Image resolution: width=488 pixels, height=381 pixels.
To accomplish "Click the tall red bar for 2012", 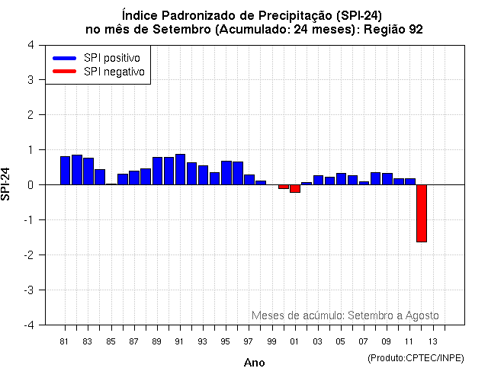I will pyautogui.click(x=421, y=213).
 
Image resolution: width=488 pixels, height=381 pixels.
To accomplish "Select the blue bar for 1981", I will pyautogui.click(x=65, y=170).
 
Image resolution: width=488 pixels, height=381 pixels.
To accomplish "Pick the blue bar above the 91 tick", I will pyautogui.click(x=180, y=169).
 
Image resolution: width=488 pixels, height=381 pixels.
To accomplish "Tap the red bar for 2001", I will pyautogui.click(x=294, y=188).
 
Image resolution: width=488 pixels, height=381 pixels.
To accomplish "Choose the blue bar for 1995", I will pyautogui.click(x=226, y=172).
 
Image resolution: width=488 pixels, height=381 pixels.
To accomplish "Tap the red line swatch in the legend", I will pyautogui.click(x=65, y=72).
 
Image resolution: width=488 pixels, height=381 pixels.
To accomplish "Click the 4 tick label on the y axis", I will pyautogui.click(x=30, y=44).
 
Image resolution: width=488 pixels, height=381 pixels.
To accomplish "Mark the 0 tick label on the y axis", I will pyautogui.click(x=30, y=184).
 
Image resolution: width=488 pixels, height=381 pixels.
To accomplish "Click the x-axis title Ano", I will pyautogui.click(x=254, y=363).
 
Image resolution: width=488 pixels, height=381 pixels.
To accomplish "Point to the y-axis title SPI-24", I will pyautogui.click(x=7, y=184).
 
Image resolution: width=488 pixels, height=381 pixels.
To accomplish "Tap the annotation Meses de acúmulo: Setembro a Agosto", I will pyautogui.click(x=345, y=315).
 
